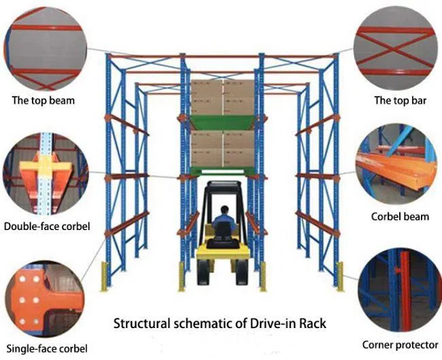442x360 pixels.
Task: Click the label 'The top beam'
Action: tap(44, 101)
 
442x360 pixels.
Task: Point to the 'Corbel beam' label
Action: tap(400, 216)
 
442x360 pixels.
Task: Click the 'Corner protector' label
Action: tap(401, 344)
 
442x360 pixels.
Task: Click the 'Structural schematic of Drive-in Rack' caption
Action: tap(220, 323)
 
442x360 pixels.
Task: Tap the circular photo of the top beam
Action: tap(44, 46)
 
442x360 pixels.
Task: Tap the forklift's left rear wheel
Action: tap(203, 274)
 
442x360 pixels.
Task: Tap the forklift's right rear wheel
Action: tap(241, 274)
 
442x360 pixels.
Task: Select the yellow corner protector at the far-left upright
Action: tap(105, 275)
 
